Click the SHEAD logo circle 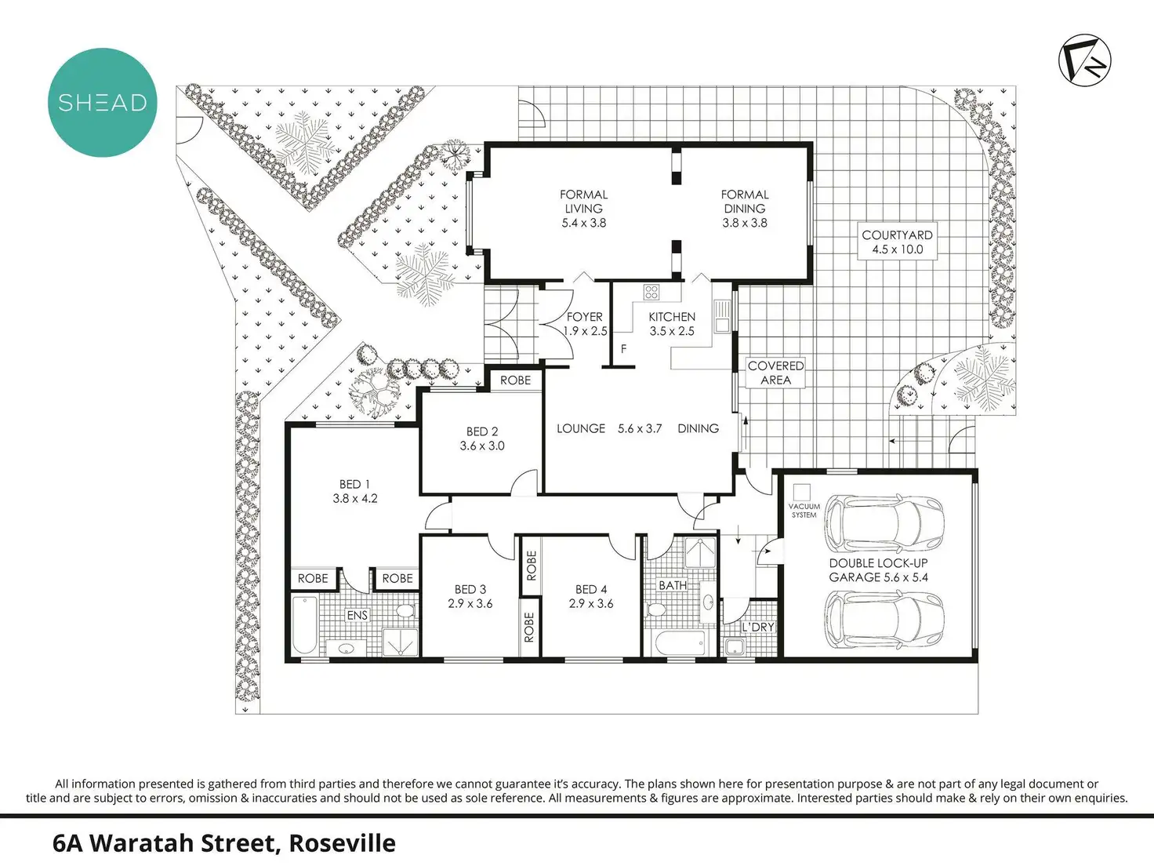click(x=102, y=102)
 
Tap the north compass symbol click(x=1085, y=59)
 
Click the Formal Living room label click(x=583, y=209)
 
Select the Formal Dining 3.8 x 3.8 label click(x=745, y=209)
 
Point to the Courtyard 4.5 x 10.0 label click(x=897, y=242)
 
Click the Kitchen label click(x=672, y=317)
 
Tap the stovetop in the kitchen click(x=651, y=293)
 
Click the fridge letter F click(x=624, y=349)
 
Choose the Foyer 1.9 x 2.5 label click(x=585, y=324)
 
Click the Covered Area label click(x=775, y=373)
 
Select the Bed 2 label click(x=482, y=438)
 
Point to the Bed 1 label click(x=355, y=491)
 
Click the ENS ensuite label click(x=357, y=615)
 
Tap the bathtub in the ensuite click(x=304, y=625)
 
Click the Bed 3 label click(x=470, y=596)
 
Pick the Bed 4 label click(x=591, y=596)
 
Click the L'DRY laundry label click(x=757, y=627)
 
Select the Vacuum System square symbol click(x=801, y=492)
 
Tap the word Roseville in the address click(x=342, y=843)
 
